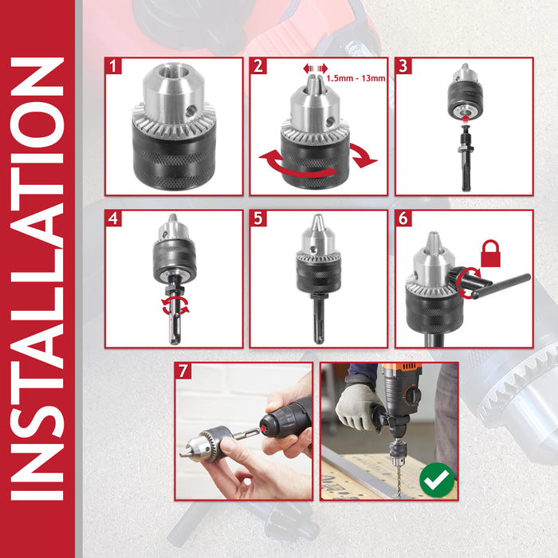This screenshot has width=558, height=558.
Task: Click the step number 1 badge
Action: [113, 66]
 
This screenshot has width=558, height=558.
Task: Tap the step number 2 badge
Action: [258, 66]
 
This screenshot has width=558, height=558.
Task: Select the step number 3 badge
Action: [403, 66]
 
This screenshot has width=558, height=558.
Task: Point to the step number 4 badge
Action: [113, 218]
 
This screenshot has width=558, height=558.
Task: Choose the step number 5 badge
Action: [258, 218]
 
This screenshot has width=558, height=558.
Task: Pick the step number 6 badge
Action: [403, 218]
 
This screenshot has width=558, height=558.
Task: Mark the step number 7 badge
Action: [183, 371]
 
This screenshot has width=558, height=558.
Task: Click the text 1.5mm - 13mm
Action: [356, 78]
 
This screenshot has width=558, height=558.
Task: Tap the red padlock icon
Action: [490, 253]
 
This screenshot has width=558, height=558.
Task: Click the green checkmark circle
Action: [437, 480]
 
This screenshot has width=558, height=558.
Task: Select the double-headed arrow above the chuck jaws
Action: [316, 69]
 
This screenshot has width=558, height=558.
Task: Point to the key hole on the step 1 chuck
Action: [191, 112]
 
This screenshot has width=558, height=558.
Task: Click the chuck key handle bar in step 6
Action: [502, 285]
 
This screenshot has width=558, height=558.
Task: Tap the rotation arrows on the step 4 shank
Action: [175, 306]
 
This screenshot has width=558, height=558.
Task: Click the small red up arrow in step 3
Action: [465, 118]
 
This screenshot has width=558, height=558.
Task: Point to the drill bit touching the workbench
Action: [399, 481]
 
